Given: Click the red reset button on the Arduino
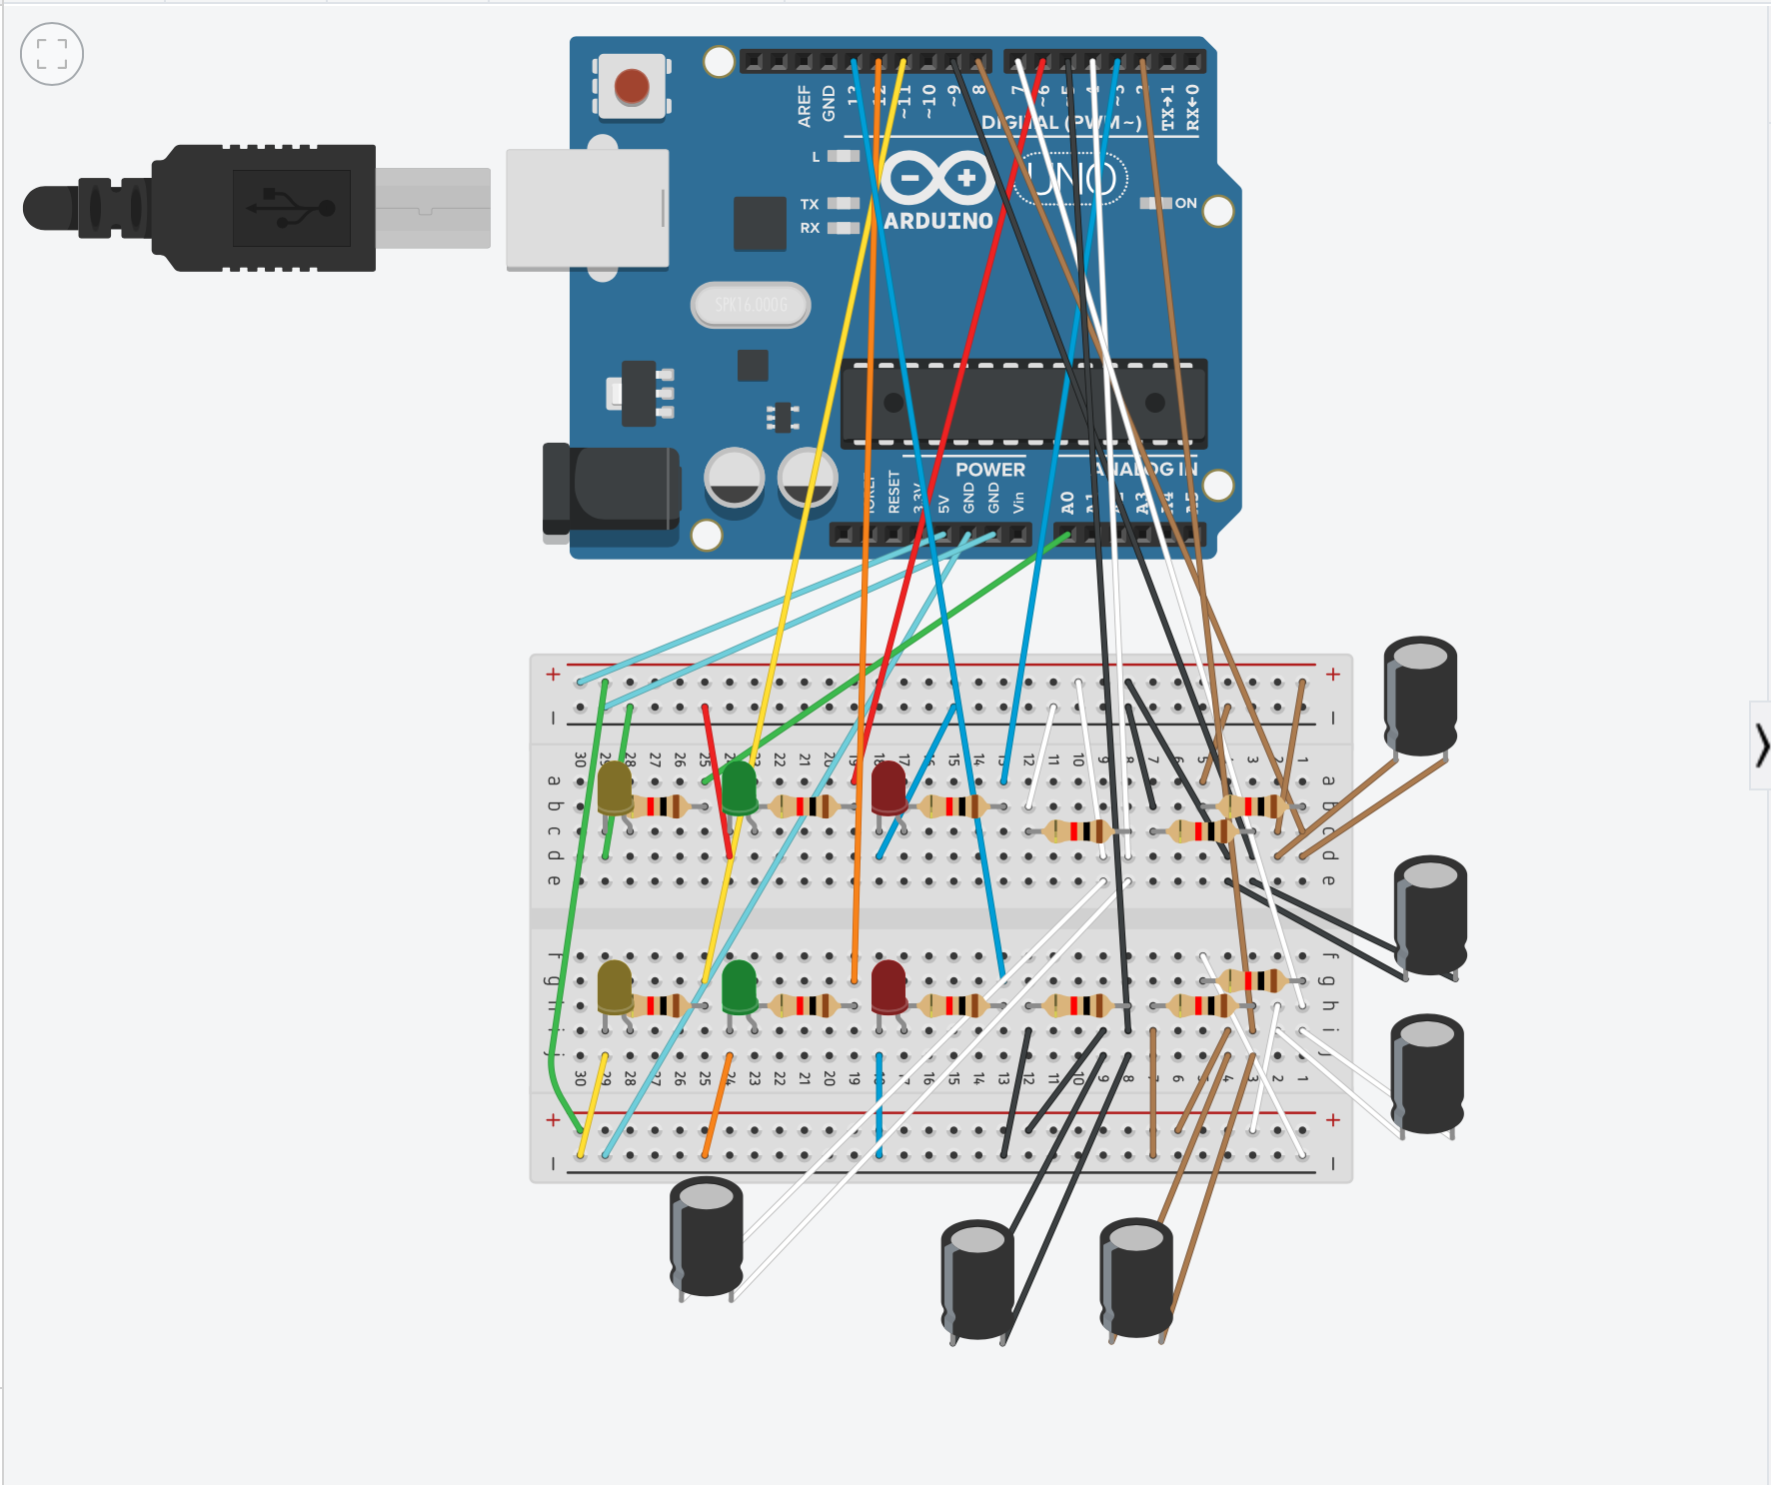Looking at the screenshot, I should [x=632, y=87].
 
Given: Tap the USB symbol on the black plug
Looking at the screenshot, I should [x=291, y=208].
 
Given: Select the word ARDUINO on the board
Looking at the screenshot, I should [x=938, y=221].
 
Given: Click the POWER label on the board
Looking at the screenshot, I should [x=989, y=470].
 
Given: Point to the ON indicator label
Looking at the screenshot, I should [x=1185, y=203].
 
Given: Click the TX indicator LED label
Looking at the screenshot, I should [x=810, y=204].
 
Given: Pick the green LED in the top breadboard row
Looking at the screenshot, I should [x=740, y=786].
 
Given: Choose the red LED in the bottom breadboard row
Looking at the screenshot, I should [x=888, y=986].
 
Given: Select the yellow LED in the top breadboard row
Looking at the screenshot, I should [x=615, y=786].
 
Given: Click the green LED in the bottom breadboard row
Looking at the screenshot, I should [x=740, y=986].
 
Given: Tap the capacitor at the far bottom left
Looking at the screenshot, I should [x=707, y=1237].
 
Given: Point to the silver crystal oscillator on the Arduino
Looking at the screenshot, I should [x=751, y=305].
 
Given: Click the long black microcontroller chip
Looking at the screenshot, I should [x=1024, y=403].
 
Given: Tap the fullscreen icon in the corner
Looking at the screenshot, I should [x=52, y=54].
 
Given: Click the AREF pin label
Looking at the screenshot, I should [x=805, y=106].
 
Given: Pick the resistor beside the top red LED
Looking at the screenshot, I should [x=955, y=805].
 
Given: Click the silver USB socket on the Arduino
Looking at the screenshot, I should [x=587, y=209].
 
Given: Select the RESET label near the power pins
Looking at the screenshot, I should [x=893, y=493].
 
